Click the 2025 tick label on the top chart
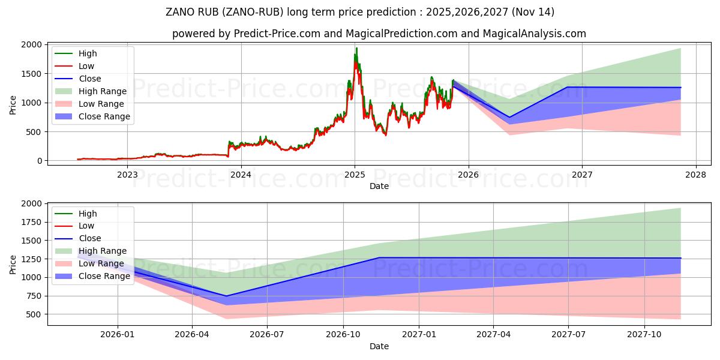(355, 175)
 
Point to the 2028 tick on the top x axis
(695, 175)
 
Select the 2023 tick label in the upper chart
(127, 175)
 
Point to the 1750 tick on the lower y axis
(33, 222)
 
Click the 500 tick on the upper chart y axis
(35, 132)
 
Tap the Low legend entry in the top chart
(86, 66)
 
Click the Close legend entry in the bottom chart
(90, 238)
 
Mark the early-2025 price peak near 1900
(356, 49)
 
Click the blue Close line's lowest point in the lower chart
(226, 296)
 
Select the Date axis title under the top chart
(379, 186)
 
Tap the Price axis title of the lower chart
(13, 264)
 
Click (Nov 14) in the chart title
(534, 12)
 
